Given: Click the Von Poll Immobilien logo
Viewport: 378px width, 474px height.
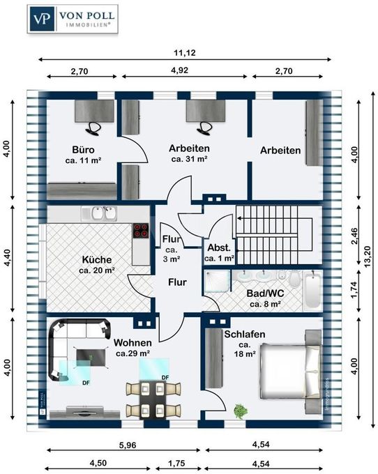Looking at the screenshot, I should coord(73,20).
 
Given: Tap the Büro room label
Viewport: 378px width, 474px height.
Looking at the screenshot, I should coord(83,150).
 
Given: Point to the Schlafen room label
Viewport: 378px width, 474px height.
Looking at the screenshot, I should coord(244,335).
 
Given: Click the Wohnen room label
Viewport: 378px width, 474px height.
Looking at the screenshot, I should coord(133,343).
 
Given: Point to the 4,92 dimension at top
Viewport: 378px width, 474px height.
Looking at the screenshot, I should coord(186,70).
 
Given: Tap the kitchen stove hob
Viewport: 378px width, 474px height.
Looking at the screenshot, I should coord(141,232).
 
